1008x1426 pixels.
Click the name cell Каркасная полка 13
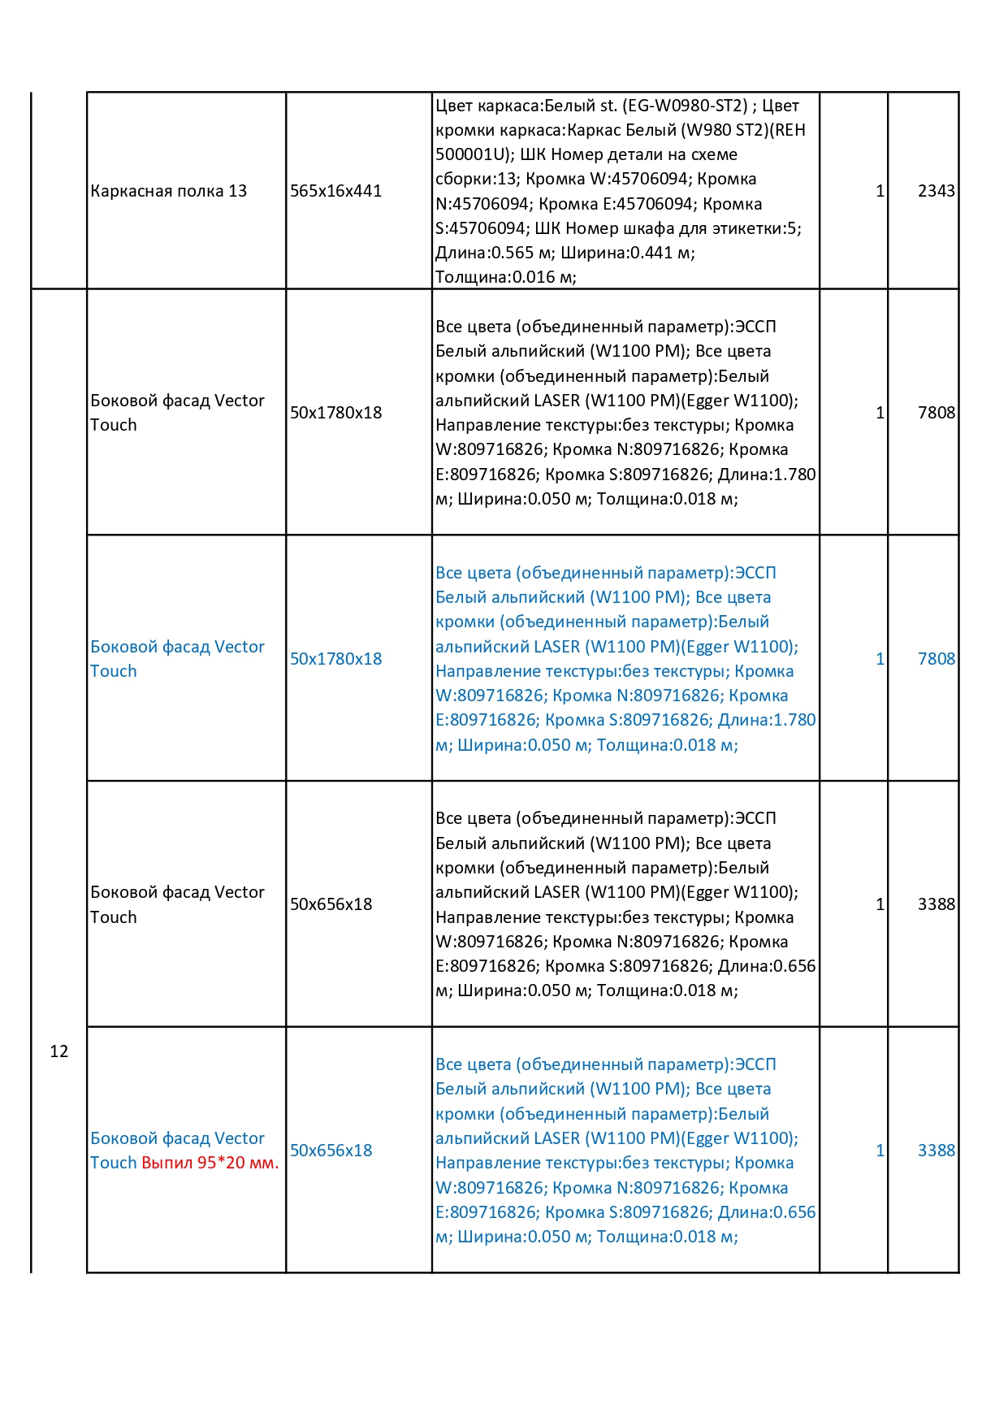[168, 191]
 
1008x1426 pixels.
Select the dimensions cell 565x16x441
[335, 191]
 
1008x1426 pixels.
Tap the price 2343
[936, 191]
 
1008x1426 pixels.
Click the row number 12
[59, 1051]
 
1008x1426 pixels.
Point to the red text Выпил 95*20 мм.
[210, 1163]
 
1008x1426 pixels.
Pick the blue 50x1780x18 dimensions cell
[335, 659]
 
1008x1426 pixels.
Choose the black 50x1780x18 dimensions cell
[335, 413]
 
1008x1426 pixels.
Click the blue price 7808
[936, 659]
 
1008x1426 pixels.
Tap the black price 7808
[936, 413]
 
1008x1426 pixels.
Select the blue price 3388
[936, 1151]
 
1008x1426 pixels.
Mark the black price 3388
[936, 904]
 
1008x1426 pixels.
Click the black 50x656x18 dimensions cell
[331, 904]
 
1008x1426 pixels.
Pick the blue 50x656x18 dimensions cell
[331, 1151]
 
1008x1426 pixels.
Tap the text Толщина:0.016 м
[505, 277]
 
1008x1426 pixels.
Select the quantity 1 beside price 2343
[880, 191]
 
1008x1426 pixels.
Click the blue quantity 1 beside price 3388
[880, 1151]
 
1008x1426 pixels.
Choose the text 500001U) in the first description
[465, 154]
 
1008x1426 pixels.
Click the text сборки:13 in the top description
[476, 179]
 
